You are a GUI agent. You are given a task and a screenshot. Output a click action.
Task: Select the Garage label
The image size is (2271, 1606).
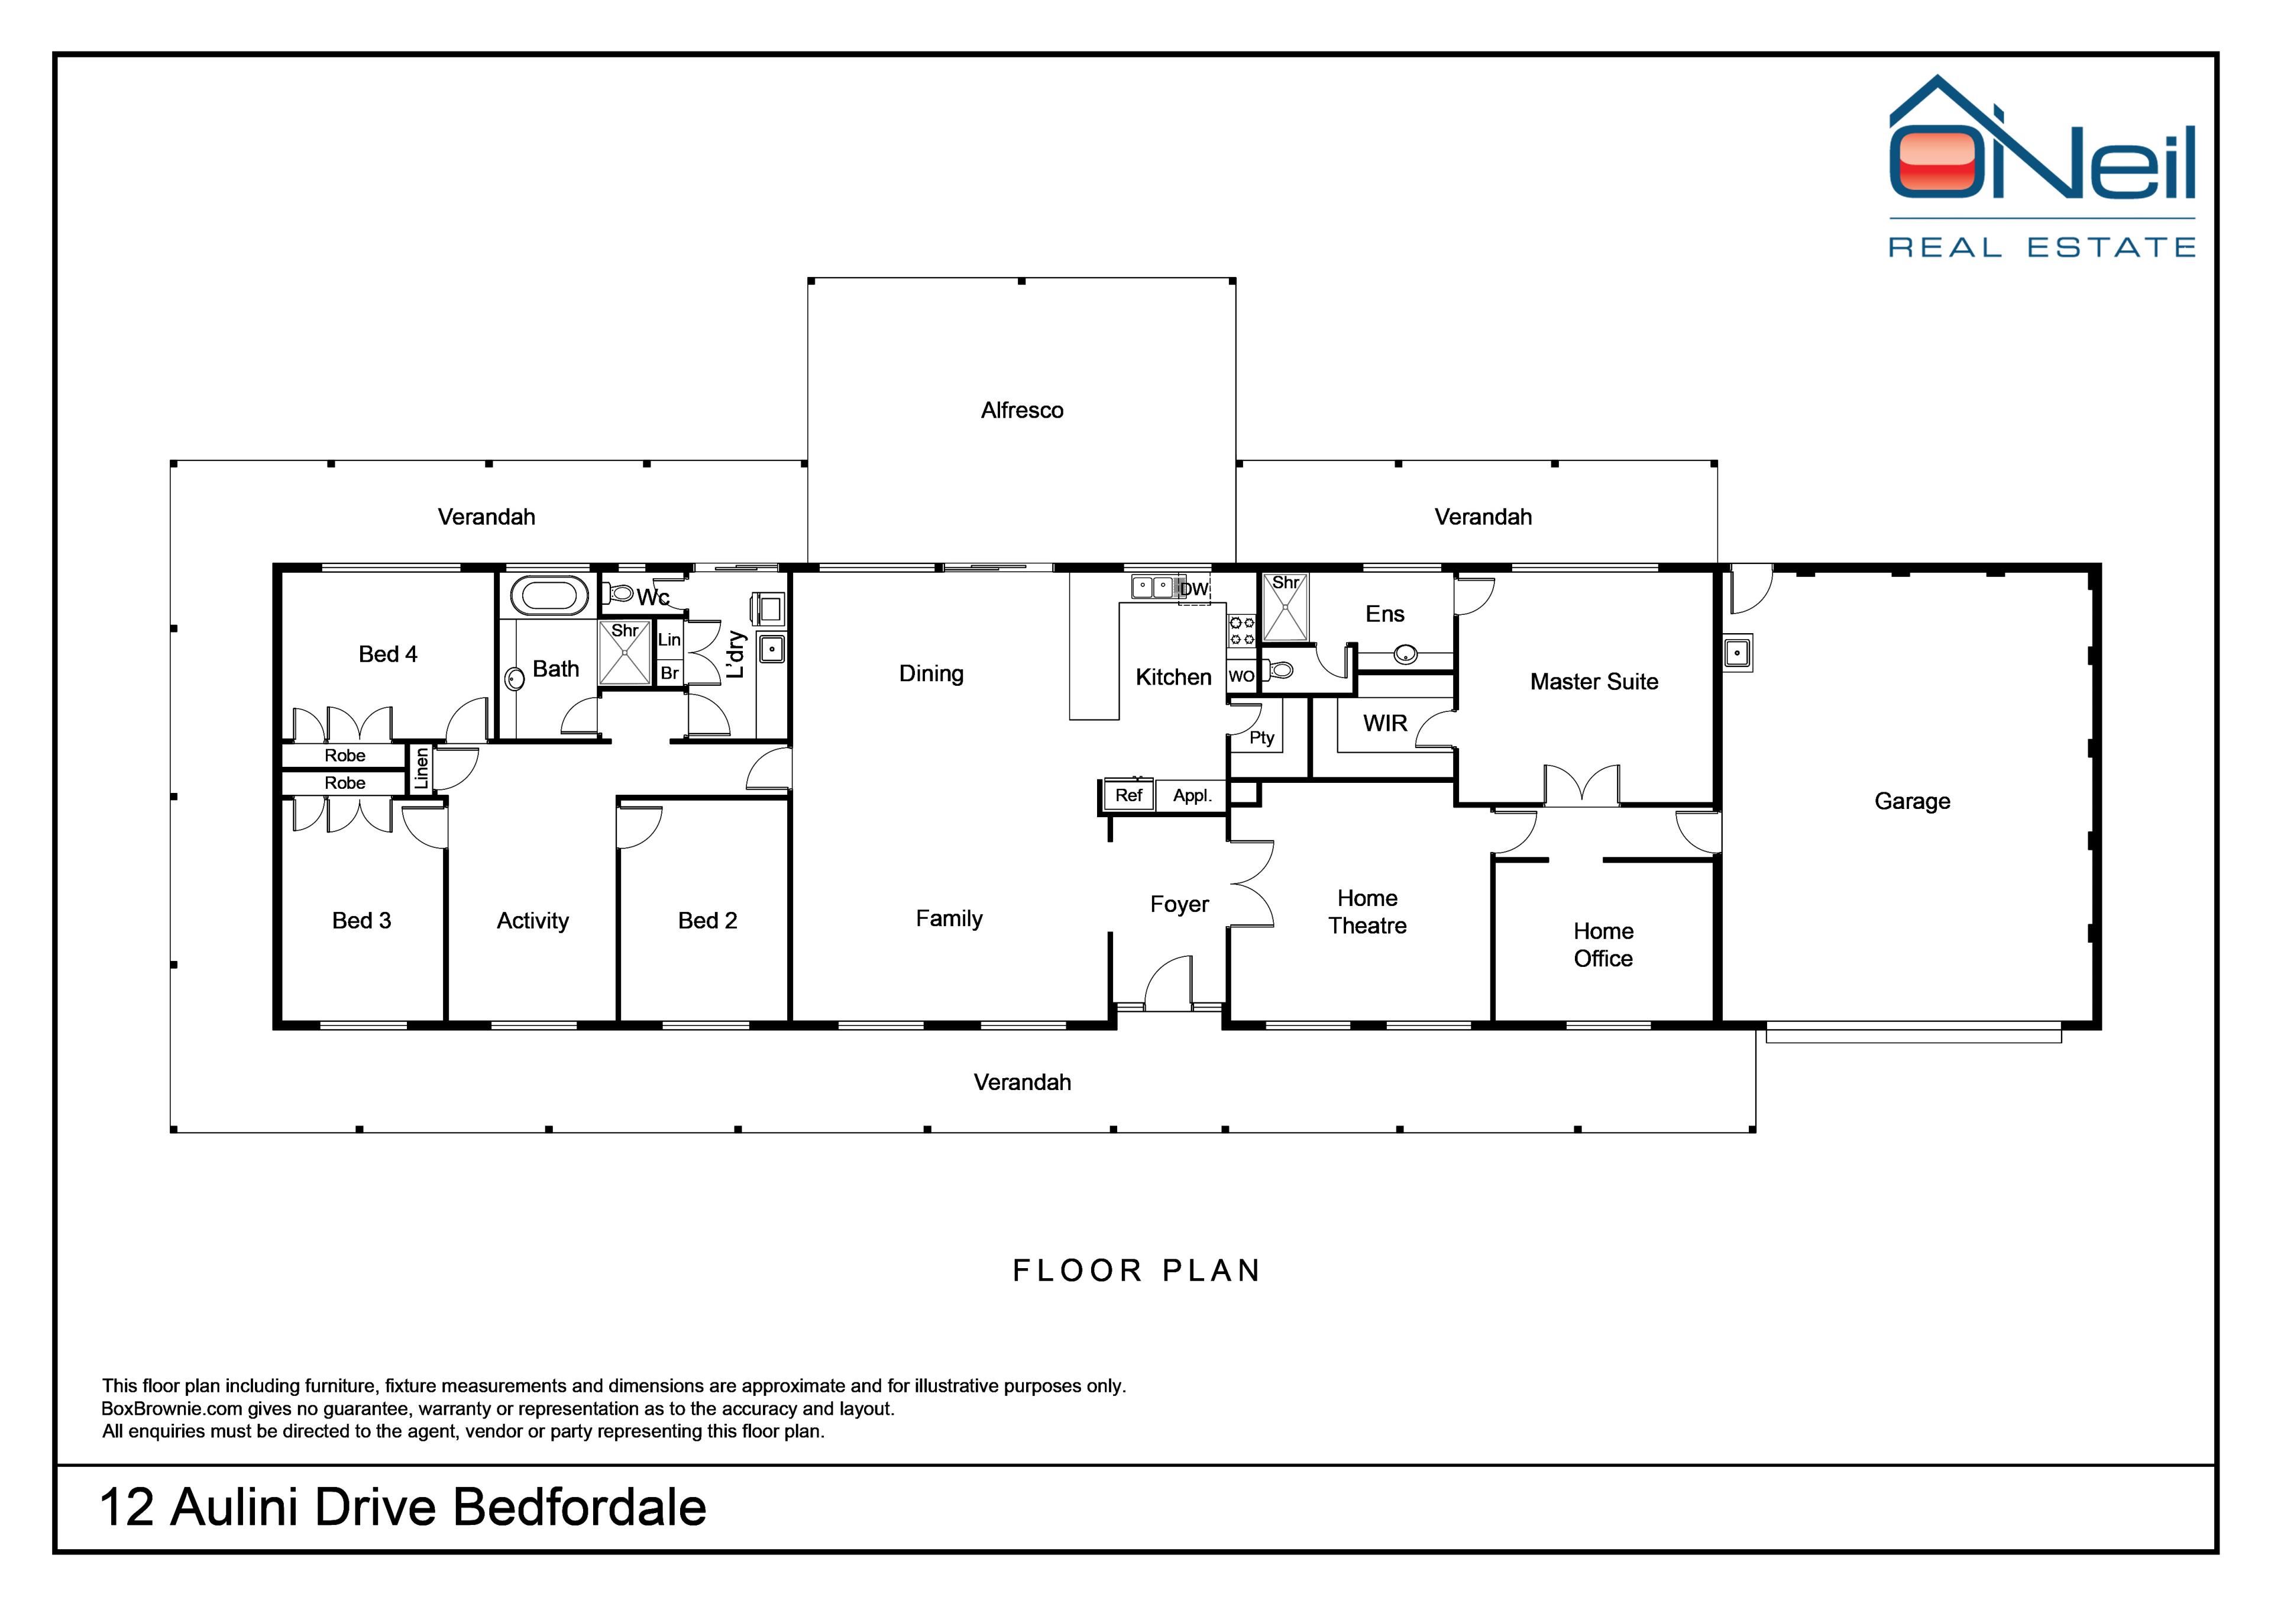tap(1912, 801)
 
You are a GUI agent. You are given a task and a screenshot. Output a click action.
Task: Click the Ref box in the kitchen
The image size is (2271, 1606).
tap(1128, 795)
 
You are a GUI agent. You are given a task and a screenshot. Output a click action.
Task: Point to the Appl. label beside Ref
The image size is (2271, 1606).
tap(1192, 795)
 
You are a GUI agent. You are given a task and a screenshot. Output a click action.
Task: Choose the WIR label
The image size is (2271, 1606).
tap(1384, 723)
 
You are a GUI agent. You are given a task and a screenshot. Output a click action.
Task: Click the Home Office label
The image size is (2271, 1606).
tap(1603, 945)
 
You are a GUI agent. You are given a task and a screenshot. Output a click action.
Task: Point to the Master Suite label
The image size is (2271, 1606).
tap(1593, 682)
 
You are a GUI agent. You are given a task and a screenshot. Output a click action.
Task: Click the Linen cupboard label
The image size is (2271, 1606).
tap(421, 768)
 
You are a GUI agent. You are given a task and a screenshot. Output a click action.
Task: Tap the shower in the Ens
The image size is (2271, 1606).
tap(1285, 607)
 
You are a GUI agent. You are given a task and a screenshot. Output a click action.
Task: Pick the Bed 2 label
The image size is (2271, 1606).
tap(707, 920)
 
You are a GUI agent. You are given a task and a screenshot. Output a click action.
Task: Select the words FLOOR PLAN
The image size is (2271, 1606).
tap(1137, 1270)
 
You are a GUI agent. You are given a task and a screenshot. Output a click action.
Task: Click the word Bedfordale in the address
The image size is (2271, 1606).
tap(580, 1508)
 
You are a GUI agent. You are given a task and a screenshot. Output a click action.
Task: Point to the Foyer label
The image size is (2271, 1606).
tap(1179, 904)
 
